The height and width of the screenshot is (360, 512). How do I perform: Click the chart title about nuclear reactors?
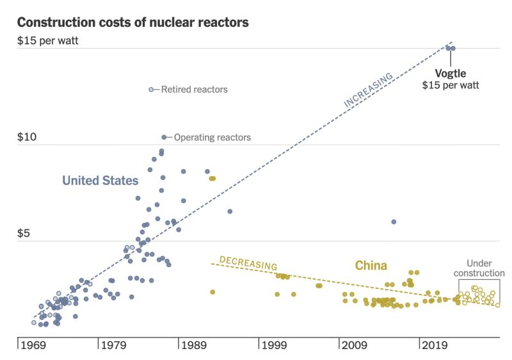tap(132, 22)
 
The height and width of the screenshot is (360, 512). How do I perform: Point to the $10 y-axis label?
tap(27, 138)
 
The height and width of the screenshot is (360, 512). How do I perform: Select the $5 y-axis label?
tap(24, 234)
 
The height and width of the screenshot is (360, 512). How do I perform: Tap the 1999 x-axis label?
tap(276, 346)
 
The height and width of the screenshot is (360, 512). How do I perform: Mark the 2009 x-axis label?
tap(356, 346)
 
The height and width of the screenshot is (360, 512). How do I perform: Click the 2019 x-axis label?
tap(436, 346)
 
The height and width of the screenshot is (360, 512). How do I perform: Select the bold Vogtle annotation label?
tap(451, 73)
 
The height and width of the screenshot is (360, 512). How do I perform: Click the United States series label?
tap(100, 181)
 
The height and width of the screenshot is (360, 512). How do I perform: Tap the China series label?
tap(371, 265)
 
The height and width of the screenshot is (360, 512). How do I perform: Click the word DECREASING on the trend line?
tap(248, 263)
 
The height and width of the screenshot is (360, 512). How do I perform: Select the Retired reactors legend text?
tap(194, 90)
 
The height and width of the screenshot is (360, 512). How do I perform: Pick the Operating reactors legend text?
tap(212, 138)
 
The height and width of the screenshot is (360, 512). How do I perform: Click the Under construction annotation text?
tap(479, 268)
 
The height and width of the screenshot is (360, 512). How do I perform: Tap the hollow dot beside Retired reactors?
tap(151, 90)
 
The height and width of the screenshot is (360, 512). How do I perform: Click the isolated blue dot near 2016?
tap(394, 222)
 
